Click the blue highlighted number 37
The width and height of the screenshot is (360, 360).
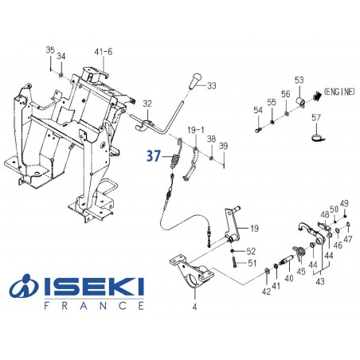tap(152, 158)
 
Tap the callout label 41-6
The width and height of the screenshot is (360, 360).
tap(104, 51)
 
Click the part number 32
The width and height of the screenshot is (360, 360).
tap(147, 104)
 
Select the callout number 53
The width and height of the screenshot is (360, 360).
tap(299, 80)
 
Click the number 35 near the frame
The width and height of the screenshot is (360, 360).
tap(49, 51)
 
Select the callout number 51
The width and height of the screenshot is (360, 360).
tap(252, 263)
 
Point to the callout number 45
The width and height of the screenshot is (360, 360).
tap(301, 271)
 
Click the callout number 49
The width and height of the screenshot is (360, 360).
tap(344, 202)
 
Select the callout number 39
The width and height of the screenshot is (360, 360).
tap(224, 145)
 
